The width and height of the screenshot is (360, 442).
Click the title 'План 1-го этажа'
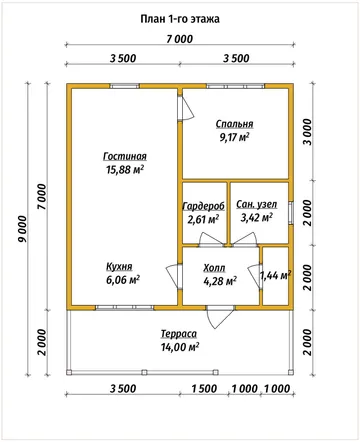tap(180, 19)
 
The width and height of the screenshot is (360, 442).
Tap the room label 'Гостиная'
tap(125, 156)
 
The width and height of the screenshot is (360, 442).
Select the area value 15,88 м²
tap(125, 170)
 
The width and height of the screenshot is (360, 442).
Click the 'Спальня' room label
tap(234, 124)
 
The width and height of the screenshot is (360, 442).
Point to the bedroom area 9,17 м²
tap(234, 137)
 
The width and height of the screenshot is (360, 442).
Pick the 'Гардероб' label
tap(204, 206)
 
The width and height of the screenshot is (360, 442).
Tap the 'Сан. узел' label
tap(257, 204)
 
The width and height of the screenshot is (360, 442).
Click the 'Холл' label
tap(214, 268)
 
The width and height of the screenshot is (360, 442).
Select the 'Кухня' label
tap(119, 267)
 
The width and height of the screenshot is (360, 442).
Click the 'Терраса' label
tap(179, 334)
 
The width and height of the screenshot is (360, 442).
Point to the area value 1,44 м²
tap(275, 275)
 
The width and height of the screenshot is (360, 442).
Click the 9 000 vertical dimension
tap(22, 229)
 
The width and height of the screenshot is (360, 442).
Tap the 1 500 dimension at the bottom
tap(204, 389)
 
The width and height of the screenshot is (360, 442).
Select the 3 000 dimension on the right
tap(308, 132)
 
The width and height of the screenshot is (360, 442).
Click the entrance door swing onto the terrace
tap(220, 316)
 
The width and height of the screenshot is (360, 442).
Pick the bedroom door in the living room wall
tap(185, 108)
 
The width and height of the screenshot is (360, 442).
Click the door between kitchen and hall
tap(174, 276)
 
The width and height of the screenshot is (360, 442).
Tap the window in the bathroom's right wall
tap(291, 213)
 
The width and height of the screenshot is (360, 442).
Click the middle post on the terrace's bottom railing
tap(144, 372)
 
